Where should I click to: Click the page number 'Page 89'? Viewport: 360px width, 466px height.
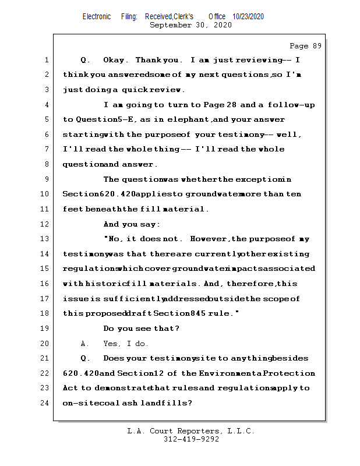pos(305,45)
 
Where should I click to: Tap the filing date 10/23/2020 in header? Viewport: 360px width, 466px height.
pos(248,17)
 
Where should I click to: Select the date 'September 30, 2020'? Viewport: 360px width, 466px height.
pos(190,25)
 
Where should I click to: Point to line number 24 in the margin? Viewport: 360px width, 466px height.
pos(45,403)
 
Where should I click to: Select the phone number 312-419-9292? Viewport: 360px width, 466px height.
pos(190,439)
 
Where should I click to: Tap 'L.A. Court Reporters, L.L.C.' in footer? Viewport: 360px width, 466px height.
pos(190,431)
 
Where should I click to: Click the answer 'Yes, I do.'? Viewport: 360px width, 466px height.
pos(126,344)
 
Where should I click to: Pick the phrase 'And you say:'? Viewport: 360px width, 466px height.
pos(132,224)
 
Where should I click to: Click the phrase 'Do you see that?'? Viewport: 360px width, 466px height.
pos(141,329)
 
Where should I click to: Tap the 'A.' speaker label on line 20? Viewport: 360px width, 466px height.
pos(84,344)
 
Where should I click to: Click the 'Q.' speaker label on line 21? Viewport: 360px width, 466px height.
pos(84,358)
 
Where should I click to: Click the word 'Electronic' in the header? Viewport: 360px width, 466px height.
pos(97,17)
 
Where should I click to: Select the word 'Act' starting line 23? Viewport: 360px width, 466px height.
pos(70,388)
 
